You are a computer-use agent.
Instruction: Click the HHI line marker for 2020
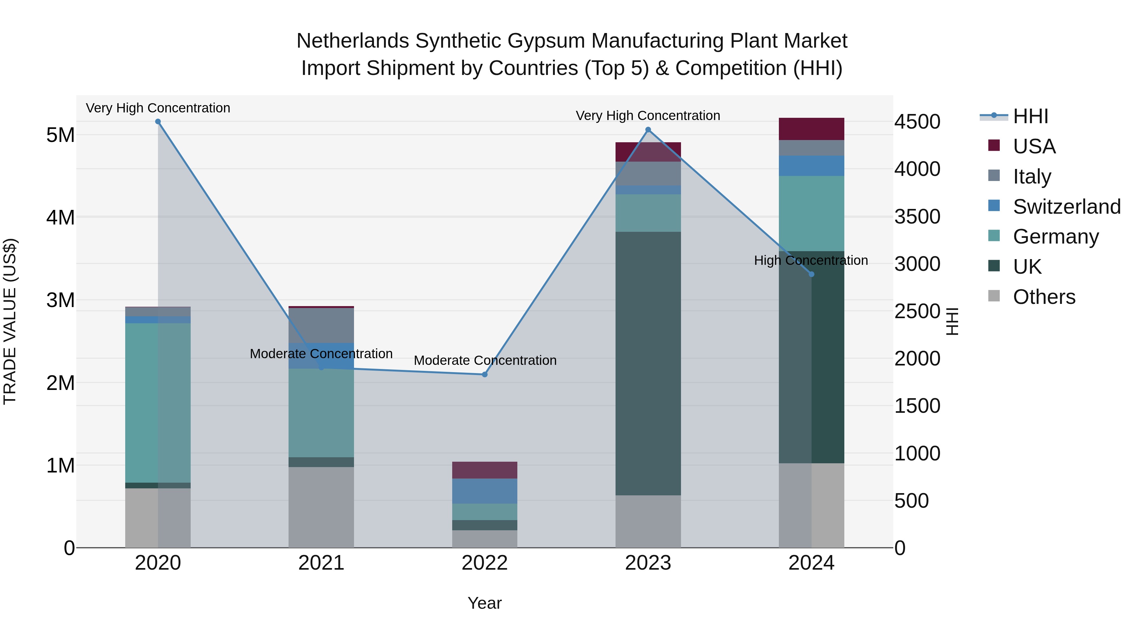(x=158, y=122)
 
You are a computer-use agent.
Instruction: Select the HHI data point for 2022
(x=485, y=375)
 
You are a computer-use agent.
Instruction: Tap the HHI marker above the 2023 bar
(x=648, y=130)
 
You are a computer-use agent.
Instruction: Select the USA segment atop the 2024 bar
(x=811, y=129)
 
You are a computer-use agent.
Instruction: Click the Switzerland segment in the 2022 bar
(x=485, y=491)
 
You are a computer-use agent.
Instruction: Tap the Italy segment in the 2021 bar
(x=321, y=325)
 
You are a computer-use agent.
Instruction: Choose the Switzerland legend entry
(x=1066, y=207)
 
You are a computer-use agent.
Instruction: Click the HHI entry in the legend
(x=1030, y=116)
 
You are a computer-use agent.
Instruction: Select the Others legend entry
(x=1044, y=297)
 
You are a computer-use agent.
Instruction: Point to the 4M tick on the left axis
(x=60, y=218)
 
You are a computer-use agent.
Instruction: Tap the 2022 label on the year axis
(x=485, y=563)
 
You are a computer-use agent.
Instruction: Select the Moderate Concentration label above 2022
(x=485, y=360)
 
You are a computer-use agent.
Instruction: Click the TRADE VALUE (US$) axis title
(x=10, y=321)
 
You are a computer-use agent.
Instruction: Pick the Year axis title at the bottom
(x=485, y=603)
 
